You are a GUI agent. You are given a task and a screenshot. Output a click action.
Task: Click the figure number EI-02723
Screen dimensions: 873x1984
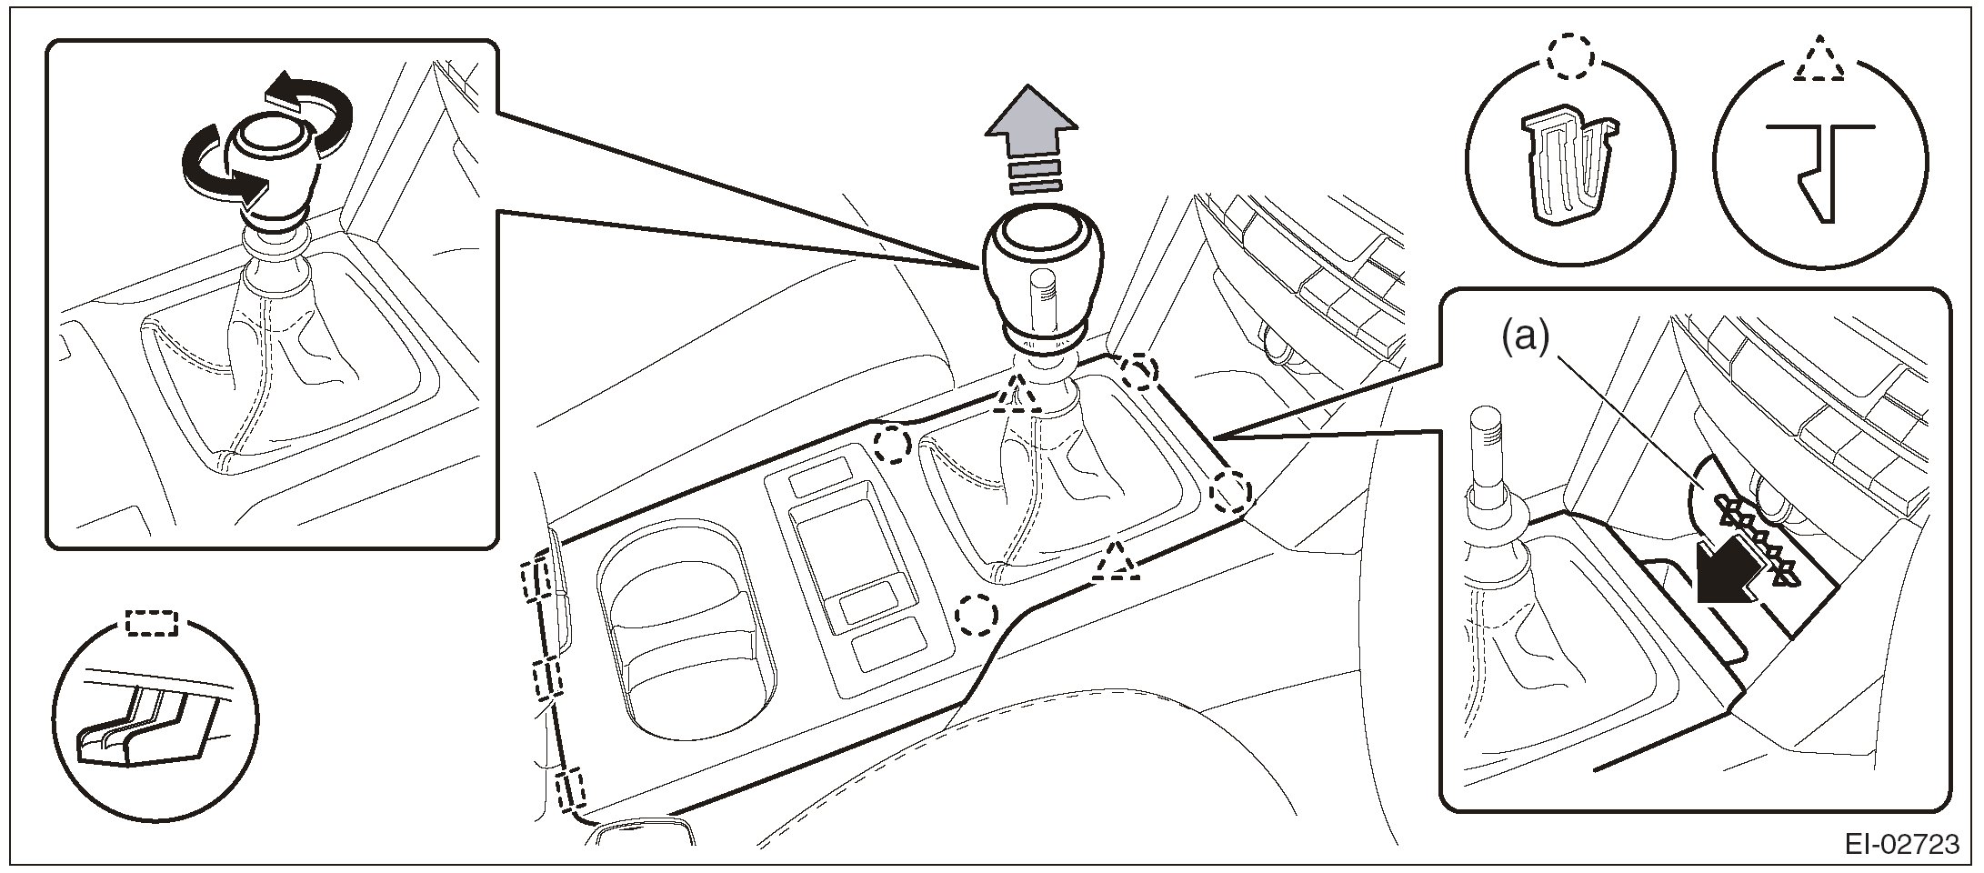[x=1901, y=845]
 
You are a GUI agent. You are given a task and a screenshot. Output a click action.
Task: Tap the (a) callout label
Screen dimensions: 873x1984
[x=1523, y=338]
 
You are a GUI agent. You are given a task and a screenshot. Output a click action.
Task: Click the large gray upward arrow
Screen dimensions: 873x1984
[x=1031, y=127]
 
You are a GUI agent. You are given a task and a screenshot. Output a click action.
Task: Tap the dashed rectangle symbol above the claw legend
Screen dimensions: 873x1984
[x=151, y=623]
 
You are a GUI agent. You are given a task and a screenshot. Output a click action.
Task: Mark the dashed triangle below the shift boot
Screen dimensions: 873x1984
[x=1116, y=563]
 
